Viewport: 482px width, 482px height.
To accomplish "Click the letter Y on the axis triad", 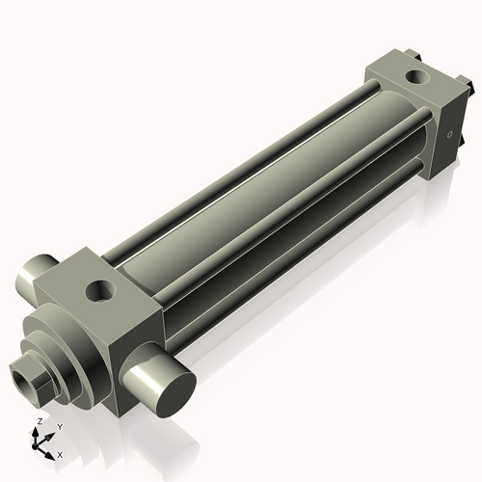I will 59,426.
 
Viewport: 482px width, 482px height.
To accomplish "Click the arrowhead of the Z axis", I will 39,430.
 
